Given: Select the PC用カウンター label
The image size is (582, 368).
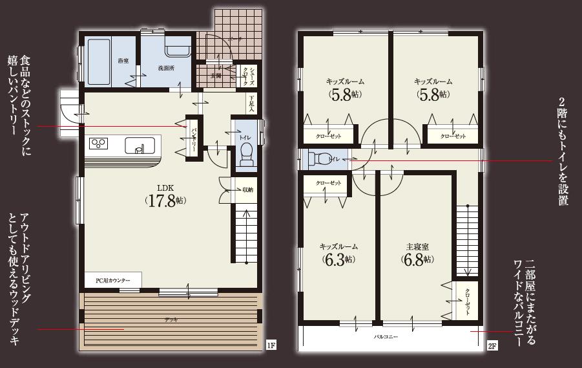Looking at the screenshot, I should pos(113,280).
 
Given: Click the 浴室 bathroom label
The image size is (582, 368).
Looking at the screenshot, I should pos(123,61).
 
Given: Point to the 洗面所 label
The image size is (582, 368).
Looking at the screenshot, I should pos(167,67).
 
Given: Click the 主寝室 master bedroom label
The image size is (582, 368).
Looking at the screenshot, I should pos(415,246).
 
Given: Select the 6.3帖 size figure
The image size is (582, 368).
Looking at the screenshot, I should pos(337,260).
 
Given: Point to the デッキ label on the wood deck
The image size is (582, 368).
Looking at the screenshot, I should pos(171,319).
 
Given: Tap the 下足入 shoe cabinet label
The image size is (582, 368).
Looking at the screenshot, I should pos(252,103).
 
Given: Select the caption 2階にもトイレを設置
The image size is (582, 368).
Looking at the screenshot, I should pos(563,152).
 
